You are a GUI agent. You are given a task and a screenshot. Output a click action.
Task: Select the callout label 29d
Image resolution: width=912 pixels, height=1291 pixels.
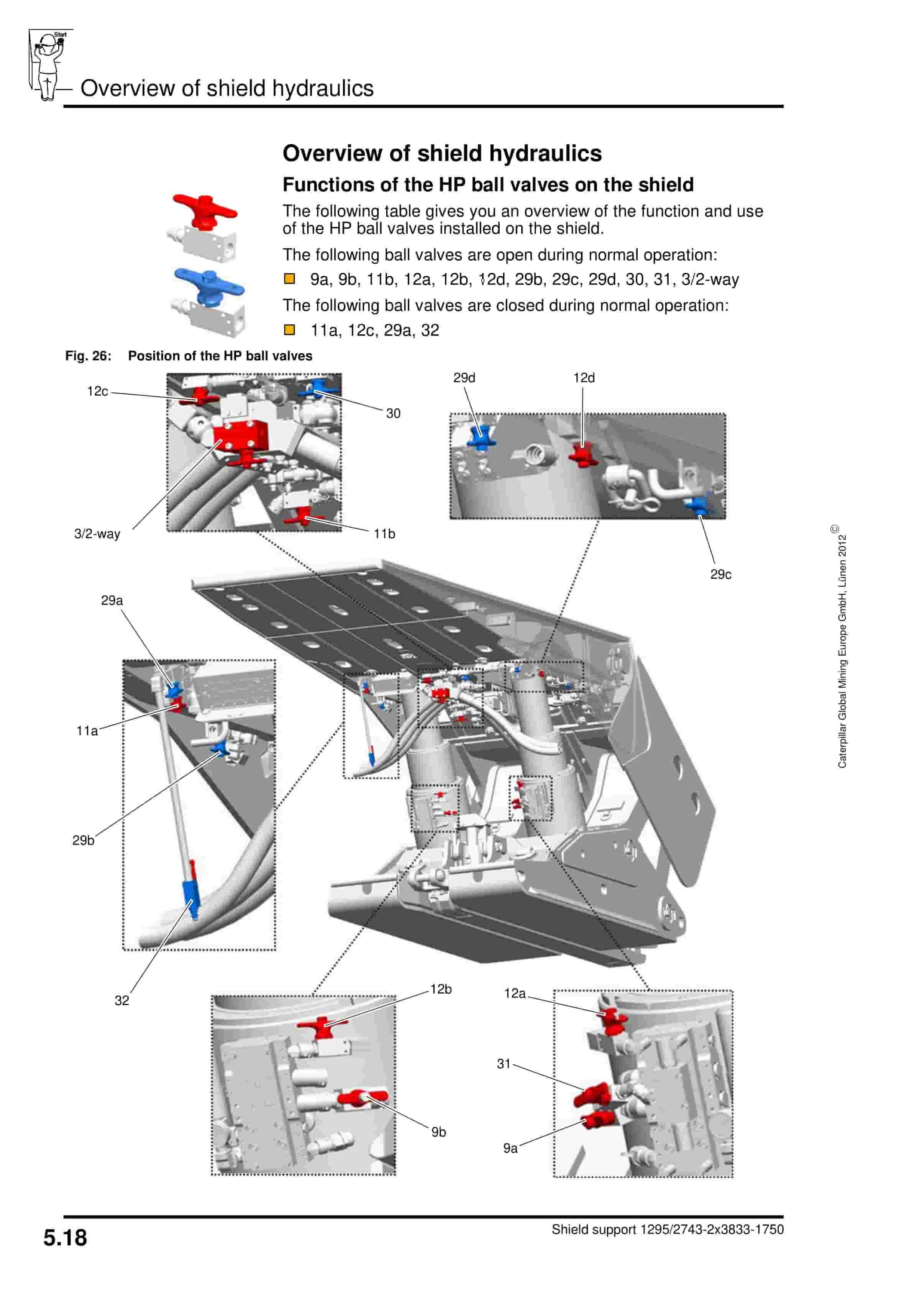pyautogui.click(x=464, y=378)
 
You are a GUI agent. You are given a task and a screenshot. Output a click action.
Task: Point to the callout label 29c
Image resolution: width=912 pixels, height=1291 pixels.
pyautogui.click(x=720, y=574)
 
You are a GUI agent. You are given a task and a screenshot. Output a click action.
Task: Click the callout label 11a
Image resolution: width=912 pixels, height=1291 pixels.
pyautogui.click(x=87, y=731)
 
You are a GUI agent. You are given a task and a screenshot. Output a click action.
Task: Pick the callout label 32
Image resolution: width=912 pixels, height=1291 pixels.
pyautogui.click(x=121, y=1000)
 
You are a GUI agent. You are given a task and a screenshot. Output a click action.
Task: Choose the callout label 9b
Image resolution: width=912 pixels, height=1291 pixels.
pyautogui.click(x=439, y=1132)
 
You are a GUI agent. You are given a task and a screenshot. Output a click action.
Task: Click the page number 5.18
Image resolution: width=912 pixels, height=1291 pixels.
pyautogui.click(x=65, y=1238)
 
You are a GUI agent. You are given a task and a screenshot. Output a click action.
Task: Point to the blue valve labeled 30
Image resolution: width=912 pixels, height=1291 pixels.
pyautogui.click(x=318, y=388)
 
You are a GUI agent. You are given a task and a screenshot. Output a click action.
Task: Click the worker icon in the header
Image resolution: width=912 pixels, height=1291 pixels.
pyautogui.click(x=48, y=65)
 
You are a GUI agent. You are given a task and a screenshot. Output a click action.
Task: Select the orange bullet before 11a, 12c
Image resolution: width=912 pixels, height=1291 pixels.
pyautogui.click(x=290, y=330)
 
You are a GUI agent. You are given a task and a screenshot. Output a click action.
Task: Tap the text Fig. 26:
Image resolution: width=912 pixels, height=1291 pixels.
pyautogui.click(x=88, y=356)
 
